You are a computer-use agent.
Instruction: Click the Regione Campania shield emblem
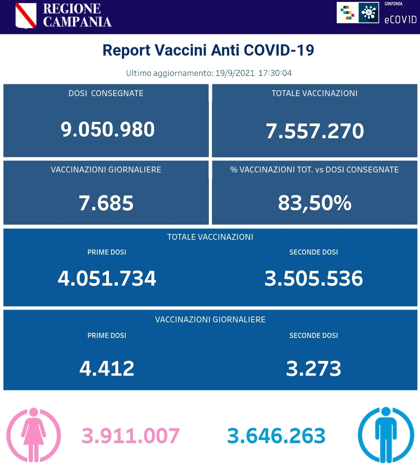coord(26,16)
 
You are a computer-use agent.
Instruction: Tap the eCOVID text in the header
coord(400,19)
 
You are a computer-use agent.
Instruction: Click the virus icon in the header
coord(368,13)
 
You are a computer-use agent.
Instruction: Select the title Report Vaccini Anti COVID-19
coord(208,50)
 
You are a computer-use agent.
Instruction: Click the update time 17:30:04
coord(275,73)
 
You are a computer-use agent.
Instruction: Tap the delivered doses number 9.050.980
coord(108,129)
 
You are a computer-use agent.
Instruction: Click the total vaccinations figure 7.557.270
coord(315,131)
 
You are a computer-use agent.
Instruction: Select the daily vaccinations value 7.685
coord(106,203)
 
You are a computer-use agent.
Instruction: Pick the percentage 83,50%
coord(315,203)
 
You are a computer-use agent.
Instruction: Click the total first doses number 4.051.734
coord(107,278)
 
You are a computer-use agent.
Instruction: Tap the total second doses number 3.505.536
coord(313,278)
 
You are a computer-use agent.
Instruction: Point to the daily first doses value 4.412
coord(107,368)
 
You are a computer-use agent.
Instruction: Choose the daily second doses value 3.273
coord(313,368)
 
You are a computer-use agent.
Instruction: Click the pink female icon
coord(34,435)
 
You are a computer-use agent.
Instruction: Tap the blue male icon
coord(386,435)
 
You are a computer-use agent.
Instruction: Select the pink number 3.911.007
coord(131,436)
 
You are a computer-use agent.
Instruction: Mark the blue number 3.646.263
coord(276,436)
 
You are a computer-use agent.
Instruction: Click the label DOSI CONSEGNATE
coord(106,93)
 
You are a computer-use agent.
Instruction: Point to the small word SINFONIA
coord(393,4)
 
